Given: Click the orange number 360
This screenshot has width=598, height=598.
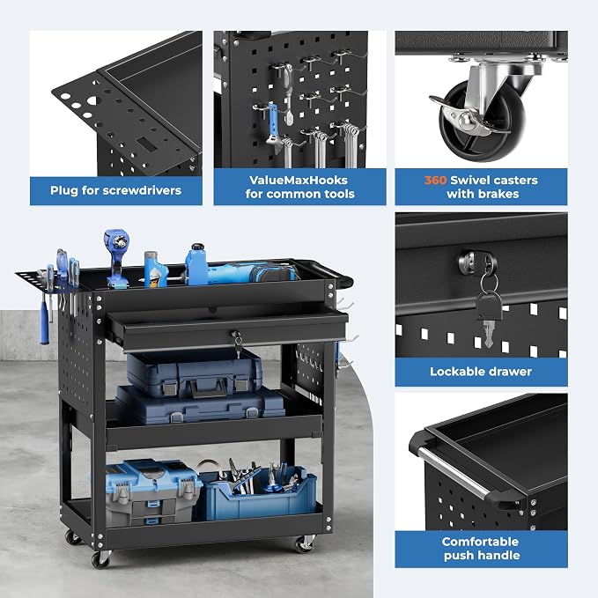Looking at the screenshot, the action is [x=435, y=180].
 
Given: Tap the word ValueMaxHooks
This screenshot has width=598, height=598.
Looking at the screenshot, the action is [x=299, y=180].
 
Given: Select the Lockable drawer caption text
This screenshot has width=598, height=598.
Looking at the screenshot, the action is [x=481, y=372].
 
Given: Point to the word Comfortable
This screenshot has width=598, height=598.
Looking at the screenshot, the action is [x=480, y=542].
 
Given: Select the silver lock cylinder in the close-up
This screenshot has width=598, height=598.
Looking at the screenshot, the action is [x=473, y=262].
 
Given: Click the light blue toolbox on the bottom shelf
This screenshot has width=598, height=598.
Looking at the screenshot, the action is [x=153, y=491].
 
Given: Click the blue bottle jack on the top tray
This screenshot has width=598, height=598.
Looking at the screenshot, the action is [x=196, y=264].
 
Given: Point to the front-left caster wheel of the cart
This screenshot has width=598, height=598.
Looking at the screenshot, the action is [x=100, y=558].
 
